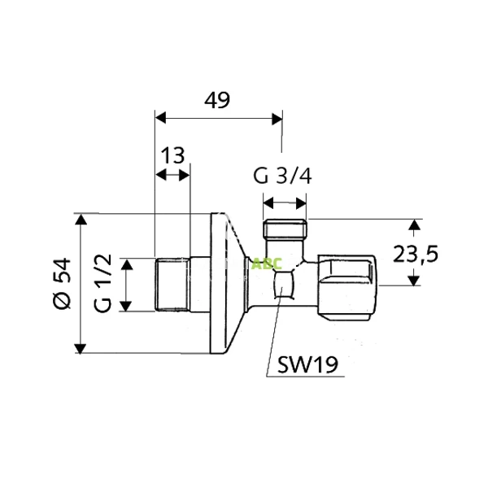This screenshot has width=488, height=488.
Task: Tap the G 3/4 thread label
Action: click(x=282, y=176)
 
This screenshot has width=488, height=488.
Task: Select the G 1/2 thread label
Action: click(x=102, y=283)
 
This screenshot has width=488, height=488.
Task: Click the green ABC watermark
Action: click(x=266, y=263)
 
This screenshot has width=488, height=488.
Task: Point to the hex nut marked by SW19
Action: click(x=284, y=286)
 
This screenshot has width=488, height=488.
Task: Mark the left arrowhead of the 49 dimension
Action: click(x=159, y=118)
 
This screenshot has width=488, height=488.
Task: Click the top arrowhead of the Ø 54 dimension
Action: click(x=80, y=220)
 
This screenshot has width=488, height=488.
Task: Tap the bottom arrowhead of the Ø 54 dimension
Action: click(x=80, y=347)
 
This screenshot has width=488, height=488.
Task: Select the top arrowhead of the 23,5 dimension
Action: click(x=414, y=224)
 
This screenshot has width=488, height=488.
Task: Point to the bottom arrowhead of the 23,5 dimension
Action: click(x=414, y=281)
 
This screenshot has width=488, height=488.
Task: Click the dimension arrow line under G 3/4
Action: click(x=285, y=202)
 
